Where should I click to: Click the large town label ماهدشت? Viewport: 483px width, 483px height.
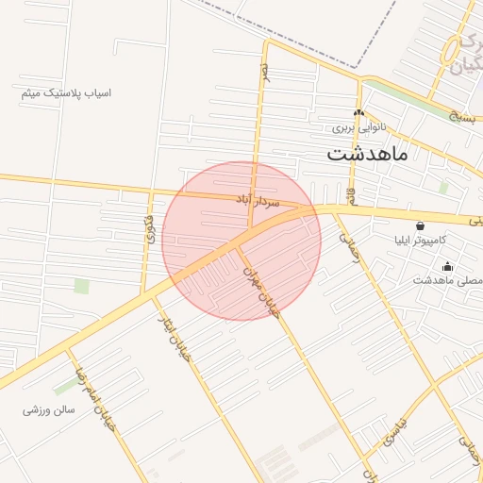click(x=368, y=153)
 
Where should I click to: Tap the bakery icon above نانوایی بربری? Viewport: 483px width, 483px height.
click(x=358, y=113)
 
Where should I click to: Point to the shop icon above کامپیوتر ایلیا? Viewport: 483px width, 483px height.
click(x=420, y=226)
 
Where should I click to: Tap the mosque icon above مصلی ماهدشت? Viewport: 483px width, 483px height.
click(x=447, y=266)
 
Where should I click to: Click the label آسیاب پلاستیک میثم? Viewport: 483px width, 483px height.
click(x=66, y=93)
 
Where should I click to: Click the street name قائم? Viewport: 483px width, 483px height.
click(x=351, y=196)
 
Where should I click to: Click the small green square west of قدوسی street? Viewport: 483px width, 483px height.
click(x=82, y=286)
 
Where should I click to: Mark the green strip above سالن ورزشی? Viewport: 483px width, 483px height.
click(x=66, y=385)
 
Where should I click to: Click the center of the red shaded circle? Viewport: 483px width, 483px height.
click(x=241, y=241)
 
